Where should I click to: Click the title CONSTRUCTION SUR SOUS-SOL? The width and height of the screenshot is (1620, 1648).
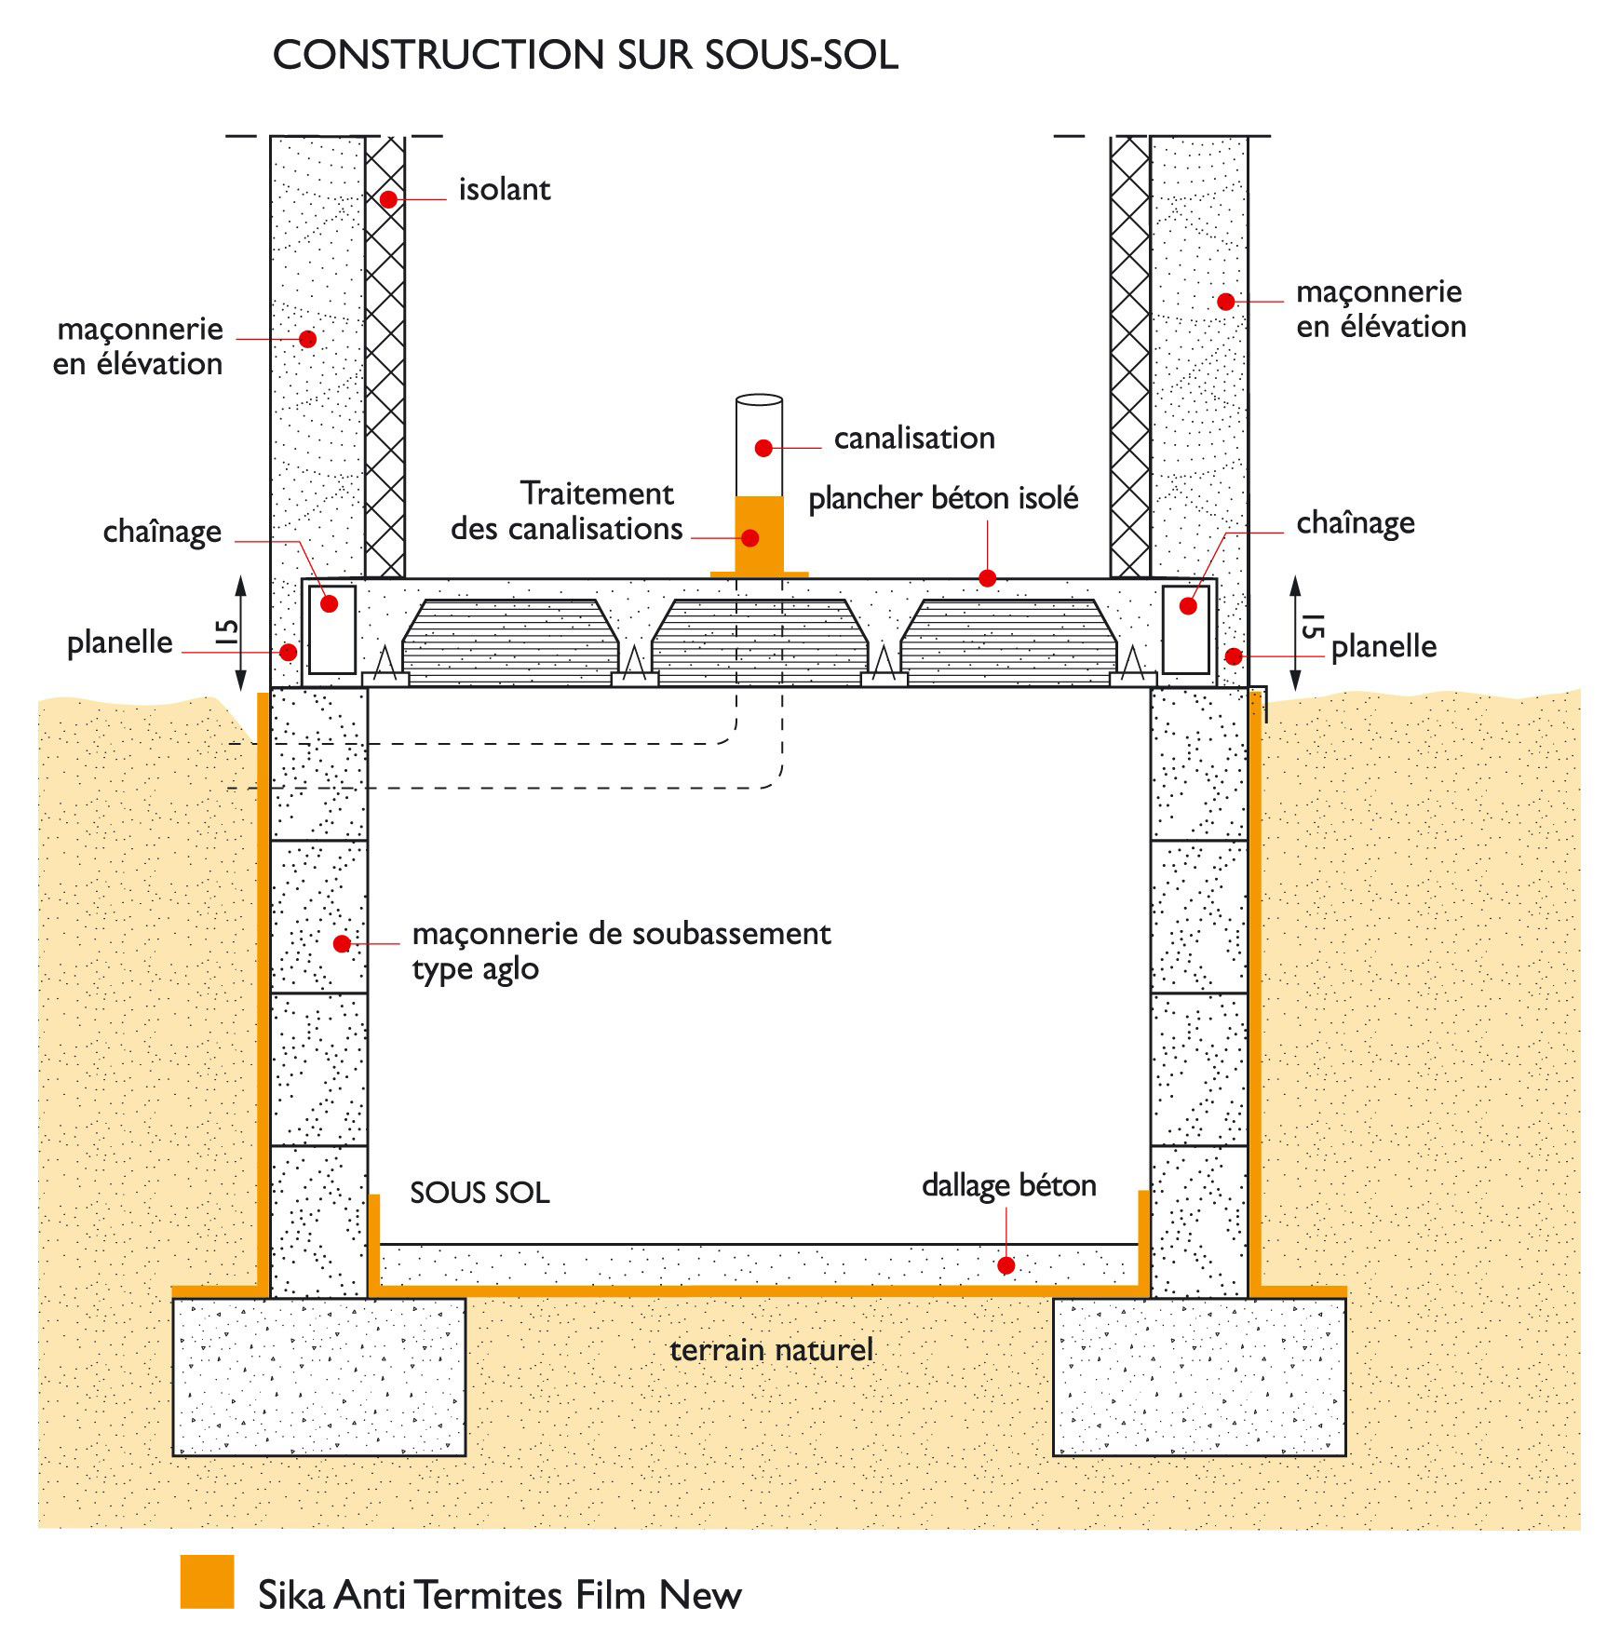click(x=585, y=55)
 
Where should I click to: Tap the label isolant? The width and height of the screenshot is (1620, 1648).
click(x=504, y=190)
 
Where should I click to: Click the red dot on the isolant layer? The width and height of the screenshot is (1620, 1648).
click(x=388, y=199)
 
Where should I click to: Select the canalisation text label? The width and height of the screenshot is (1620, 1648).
click(x=913, y=438)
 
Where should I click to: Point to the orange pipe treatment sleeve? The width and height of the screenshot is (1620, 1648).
click(x=759, y=535)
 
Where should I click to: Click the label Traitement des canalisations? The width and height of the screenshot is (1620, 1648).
click(x=568, y=511)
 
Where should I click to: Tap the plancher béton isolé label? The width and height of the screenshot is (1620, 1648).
click(x=942, y=498)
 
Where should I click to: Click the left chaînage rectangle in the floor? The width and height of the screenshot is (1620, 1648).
click(x=332, y=628)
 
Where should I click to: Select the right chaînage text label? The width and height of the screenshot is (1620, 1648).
click(x=1355, y=522)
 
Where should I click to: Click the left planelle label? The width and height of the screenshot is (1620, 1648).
click(x=119, y=642)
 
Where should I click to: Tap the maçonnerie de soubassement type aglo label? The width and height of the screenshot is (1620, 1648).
click(x=620, y=951)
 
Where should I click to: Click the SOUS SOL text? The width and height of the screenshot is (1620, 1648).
click(x=479, y=1193)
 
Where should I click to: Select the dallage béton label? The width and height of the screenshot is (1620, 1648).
click(x=1008, y=1185)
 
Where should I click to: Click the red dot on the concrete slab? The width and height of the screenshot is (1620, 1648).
click(x=1006, y=1265)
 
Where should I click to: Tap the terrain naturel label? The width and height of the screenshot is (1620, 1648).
click(x=771, y=1349)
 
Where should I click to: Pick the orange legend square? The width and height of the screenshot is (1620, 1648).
click(x=207, y=1581)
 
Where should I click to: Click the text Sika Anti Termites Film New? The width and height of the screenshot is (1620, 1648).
click(x=499, y=1595)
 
